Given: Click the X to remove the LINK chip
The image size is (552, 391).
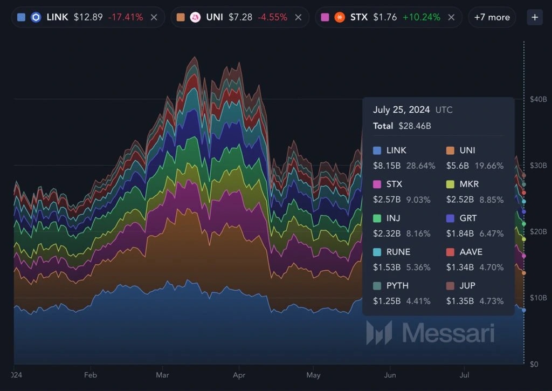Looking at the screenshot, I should tap(154, 17).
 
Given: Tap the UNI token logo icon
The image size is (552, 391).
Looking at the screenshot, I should tap(195, 17).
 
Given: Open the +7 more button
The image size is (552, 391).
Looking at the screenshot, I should tap(492, 17).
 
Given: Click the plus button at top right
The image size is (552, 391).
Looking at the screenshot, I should tap(535, 17).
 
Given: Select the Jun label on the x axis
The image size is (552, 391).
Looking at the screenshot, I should tap(390, 374).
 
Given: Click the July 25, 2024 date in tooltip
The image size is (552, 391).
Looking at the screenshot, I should tap(401, 110).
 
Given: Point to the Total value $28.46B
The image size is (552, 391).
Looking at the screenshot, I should tap(415, 126).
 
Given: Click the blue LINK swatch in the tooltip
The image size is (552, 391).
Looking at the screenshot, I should tap(377, 150).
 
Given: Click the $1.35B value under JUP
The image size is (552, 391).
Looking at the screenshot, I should tap(460, 301).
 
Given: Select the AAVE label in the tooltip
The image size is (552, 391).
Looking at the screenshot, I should tap(471, 252).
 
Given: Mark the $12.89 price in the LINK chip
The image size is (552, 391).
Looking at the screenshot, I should tap(88, 17).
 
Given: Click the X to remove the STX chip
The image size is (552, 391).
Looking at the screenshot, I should tap(451, 17).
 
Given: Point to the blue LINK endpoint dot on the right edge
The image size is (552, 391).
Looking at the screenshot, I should tap(523, 310).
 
